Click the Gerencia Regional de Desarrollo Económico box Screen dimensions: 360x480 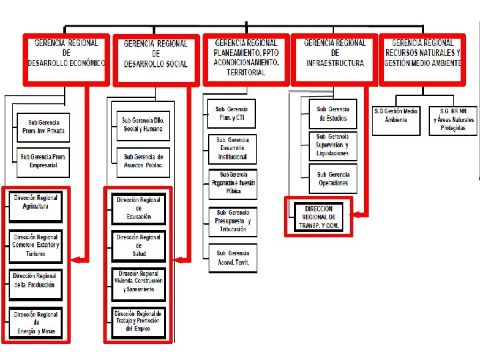click(67, 59)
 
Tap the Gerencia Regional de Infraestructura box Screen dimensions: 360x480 click(335, 59)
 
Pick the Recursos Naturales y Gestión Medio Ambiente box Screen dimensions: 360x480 click(423, 59)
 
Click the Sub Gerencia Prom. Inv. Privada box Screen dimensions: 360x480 click(43, 127)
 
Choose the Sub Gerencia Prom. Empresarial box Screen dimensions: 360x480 click(43, 161)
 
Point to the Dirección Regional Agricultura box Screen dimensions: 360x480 click(35, 207)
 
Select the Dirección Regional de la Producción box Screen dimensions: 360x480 click(35, 284)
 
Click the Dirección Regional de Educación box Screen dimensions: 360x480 click(139, 208)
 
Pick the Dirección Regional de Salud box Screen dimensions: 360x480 click(139, 245)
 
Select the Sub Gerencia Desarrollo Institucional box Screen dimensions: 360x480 click(232, 149)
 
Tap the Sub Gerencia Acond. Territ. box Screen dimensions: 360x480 click(232, 258)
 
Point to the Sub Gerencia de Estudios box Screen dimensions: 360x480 click(333, 113)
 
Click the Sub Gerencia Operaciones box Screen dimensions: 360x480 click(333, 179)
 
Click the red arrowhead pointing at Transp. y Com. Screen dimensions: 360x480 click(357, 215)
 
